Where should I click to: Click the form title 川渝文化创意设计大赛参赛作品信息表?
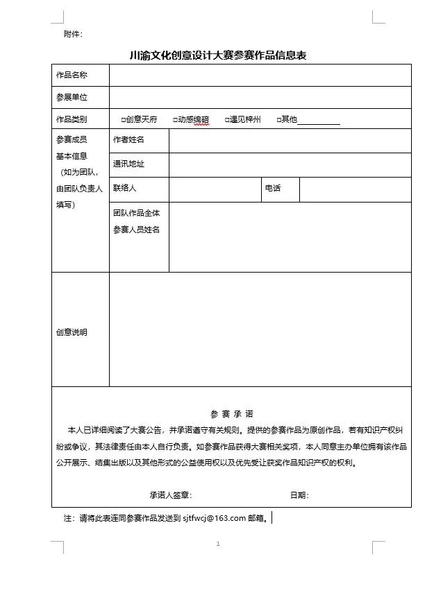pos(218,55)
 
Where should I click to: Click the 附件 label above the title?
pos(72,34)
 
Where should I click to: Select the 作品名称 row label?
pos(72,75)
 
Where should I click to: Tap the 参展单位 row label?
pos(72,97)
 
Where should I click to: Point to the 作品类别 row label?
pos(72,119)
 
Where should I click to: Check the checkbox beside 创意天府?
pos(123,120)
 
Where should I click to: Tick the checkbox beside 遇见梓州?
pos(227,120)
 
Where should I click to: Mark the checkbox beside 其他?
pos(278,120)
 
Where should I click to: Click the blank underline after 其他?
pos(319,121)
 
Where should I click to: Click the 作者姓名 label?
pos(128,140)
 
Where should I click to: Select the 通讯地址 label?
pos(128,164)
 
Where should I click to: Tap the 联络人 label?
pos(125,188)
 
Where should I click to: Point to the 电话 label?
pos(273,188)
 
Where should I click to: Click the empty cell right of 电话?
pos(355,189)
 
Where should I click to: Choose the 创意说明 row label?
pos(72,332)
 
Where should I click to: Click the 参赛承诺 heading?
pos(231,413)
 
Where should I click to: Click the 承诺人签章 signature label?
pos(170,495)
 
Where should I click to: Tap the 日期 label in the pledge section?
pos(299,495)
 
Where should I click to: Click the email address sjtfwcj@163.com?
pos(215,517)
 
